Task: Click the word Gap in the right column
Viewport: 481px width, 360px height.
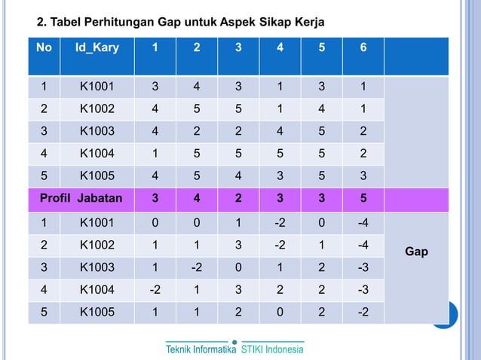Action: point(416,252)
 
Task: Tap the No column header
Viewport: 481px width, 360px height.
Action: point(44,47)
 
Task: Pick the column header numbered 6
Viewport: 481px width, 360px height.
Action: point(363,47)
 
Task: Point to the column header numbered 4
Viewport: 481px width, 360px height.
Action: point(280,47)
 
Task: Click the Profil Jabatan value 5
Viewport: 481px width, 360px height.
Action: point(363,200)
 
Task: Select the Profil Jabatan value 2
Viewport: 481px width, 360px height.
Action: point(238,200)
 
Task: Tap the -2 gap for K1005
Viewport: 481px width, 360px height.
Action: point(363,311)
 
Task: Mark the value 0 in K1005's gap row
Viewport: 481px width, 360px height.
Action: point(280,311)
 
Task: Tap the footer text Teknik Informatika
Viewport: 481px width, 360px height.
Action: point(201,349)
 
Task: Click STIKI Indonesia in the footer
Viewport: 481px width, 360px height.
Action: point(272,349)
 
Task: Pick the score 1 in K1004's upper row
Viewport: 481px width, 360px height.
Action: point(155,154)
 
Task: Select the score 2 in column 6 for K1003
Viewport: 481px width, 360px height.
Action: point(363,132)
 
